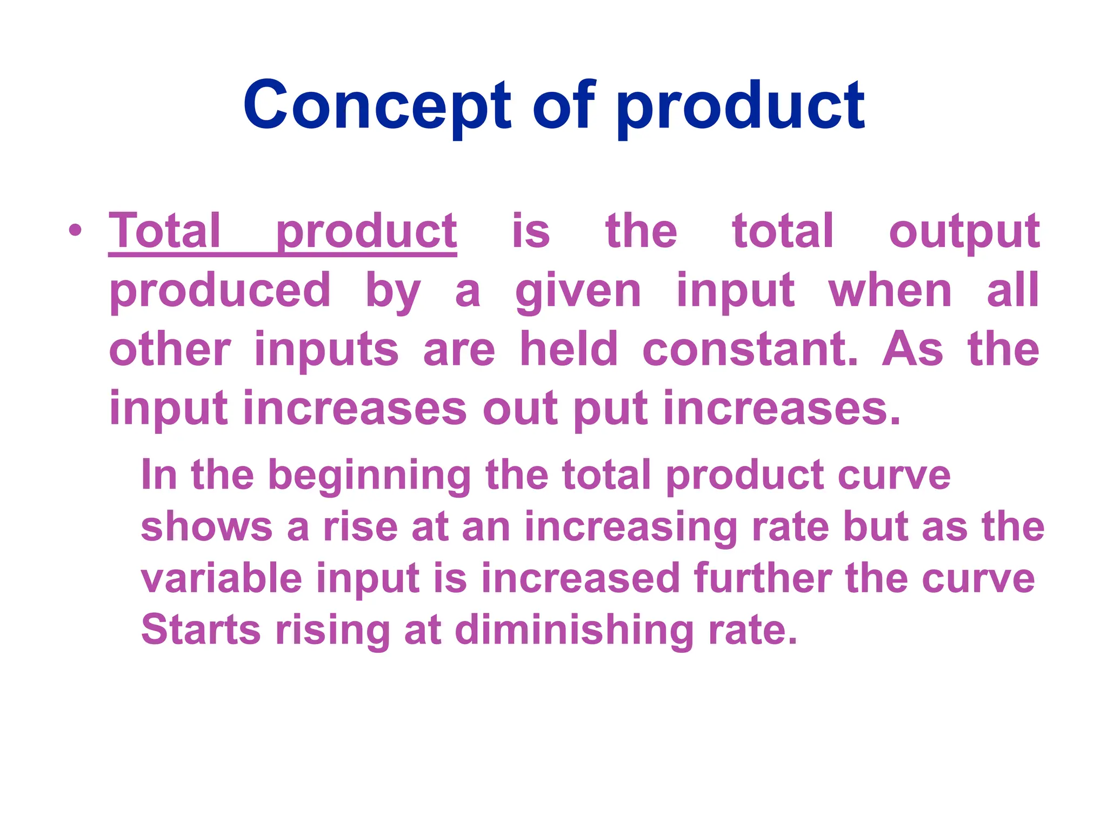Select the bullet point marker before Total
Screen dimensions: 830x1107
(x=76, y=231)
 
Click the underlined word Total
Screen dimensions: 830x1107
(x=165, y=231)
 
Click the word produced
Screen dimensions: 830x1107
(x=220, y=291)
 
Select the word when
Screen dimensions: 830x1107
(x=890, y=291)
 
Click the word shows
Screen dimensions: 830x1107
(x=206, y=527)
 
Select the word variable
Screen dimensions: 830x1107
(x=222, y=578)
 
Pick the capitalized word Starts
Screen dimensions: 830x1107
(x=201, y=630)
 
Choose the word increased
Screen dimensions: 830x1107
(x=580, y=578)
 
